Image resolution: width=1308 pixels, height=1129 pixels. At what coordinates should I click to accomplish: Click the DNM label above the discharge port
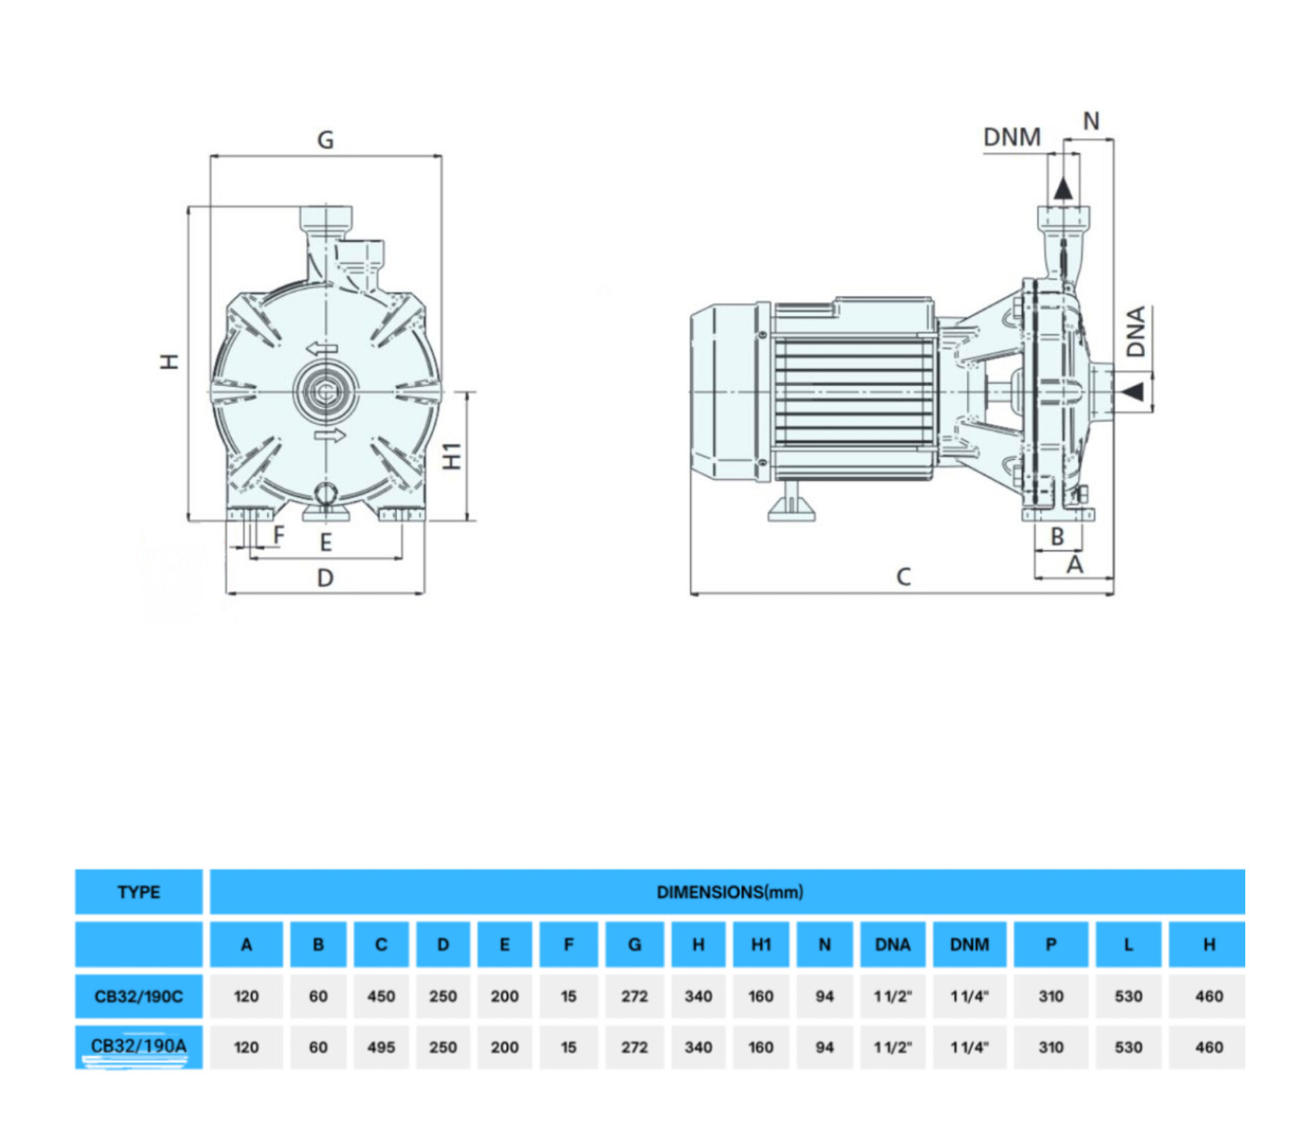coord(1011,137)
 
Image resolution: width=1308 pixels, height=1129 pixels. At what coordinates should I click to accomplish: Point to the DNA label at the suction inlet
coord(1135,332)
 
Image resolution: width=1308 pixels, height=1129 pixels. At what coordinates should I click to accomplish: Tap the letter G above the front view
coord(325,140)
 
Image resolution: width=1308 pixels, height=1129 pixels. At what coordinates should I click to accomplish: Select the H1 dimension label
coord(453,456)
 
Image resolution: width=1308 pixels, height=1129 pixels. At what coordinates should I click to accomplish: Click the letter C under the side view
coord(903,577)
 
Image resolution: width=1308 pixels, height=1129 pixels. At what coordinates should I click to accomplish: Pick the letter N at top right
coord(1091,121)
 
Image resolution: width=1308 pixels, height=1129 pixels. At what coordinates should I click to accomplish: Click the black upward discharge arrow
coord(1062,188)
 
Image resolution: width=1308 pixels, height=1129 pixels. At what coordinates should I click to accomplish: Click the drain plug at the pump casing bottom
coord(325,493)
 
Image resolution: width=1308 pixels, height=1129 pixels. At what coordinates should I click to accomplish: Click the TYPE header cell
coord(138,892)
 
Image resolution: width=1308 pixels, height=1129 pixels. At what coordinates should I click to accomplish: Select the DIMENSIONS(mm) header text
coord(729,892)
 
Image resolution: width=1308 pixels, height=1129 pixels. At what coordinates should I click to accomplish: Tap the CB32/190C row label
coord(138,996)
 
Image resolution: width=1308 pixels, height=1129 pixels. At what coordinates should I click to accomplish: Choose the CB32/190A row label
coord(138,1046)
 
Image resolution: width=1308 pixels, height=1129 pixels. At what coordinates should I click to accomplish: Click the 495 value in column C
coord(381,1047)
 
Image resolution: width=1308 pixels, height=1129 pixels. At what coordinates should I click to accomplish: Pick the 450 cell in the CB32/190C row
coord(381,996)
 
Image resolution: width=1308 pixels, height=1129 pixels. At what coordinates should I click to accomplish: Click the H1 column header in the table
coord(760,944)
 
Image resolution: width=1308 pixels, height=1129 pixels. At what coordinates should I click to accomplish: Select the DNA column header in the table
coord(892,944)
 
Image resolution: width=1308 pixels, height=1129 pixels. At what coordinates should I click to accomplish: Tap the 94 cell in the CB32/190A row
coord(824,1047)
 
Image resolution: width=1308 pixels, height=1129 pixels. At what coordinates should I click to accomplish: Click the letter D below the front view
coord(325,578)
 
